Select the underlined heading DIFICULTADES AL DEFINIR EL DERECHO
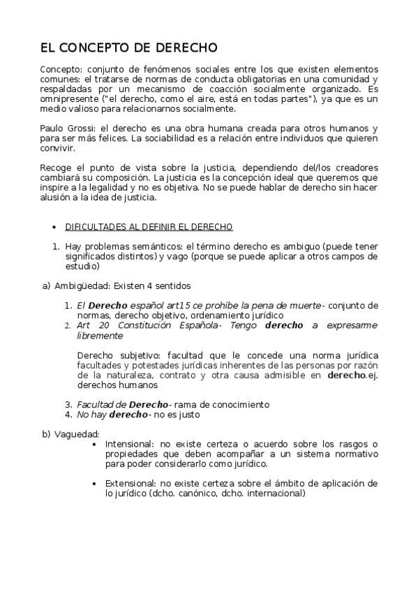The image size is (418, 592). tap(149, 227)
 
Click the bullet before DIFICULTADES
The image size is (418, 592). tap(54, 228)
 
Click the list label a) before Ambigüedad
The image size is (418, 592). tap(46, 286)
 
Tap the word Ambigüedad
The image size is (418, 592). tap(80, 286)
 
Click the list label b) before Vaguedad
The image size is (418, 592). tap(46, 434)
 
